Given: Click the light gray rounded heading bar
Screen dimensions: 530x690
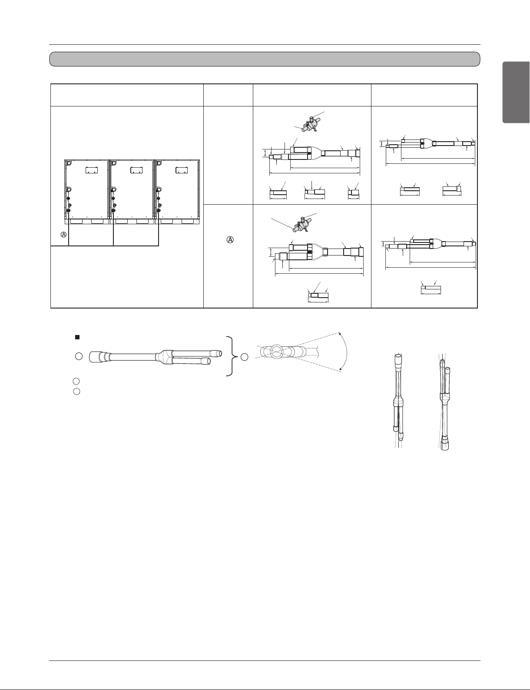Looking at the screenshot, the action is tap(265, 59).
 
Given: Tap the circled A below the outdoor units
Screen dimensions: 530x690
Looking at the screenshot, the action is tap(64, 235).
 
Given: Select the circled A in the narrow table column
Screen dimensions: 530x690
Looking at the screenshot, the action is tap(230, 240).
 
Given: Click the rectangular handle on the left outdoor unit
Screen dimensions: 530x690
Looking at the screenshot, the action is tap(92, 170).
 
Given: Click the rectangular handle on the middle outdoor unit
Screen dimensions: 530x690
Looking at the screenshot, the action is tap(136, 170).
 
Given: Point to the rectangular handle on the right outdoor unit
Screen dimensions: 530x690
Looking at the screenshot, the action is tap(182, 170).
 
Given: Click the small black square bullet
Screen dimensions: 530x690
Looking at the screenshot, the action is tap(77, 337).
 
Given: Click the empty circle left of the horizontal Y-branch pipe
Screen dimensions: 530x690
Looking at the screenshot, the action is tap(79, 357).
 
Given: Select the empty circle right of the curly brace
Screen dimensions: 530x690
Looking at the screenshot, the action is tap(245, 357).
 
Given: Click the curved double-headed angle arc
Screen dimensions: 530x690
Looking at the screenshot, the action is tap(347, 352).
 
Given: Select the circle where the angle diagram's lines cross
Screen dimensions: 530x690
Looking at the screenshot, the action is tap(276, 352).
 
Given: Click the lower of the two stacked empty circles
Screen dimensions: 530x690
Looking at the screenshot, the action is tap(76, 391).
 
